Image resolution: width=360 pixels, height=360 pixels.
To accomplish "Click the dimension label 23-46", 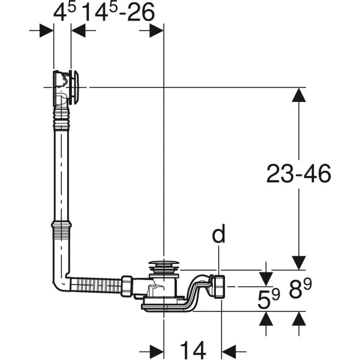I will coord(299,173).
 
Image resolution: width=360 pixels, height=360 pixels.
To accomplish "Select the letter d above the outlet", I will coord(220,234).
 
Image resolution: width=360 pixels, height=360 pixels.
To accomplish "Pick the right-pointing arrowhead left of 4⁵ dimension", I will coord(47,30).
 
